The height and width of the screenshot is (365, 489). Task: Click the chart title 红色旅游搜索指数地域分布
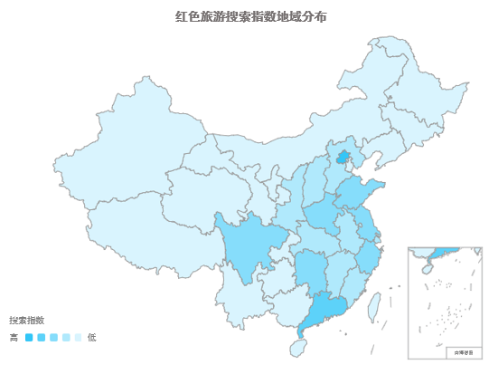click(x=244, y=16)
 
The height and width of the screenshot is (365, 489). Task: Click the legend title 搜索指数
click(x=27, y=321)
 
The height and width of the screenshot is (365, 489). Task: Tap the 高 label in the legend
click(x=14, y=337)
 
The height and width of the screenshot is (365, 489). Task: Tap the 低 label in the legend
click(x=91, y=337)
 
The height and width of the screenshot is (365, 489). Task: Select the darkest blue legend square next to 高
click(x=29, y=337)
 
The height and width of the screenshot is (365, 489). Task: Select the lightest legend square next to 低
click(x=79, y=337)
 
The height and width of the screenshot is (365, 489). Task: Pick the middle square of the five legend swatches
click(x=54, y=337)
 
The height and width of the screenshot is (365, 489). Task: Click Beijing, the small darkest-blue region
click(x=341, y=158)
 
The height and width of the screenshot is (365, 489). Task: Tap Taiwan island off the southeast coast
click(x=372, y=310)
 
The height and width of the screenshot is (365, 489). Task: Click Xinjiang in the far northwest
click(x=118, y=154)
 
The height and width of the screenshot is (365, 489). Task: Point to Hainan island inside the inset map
click(x=425, y=268)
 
